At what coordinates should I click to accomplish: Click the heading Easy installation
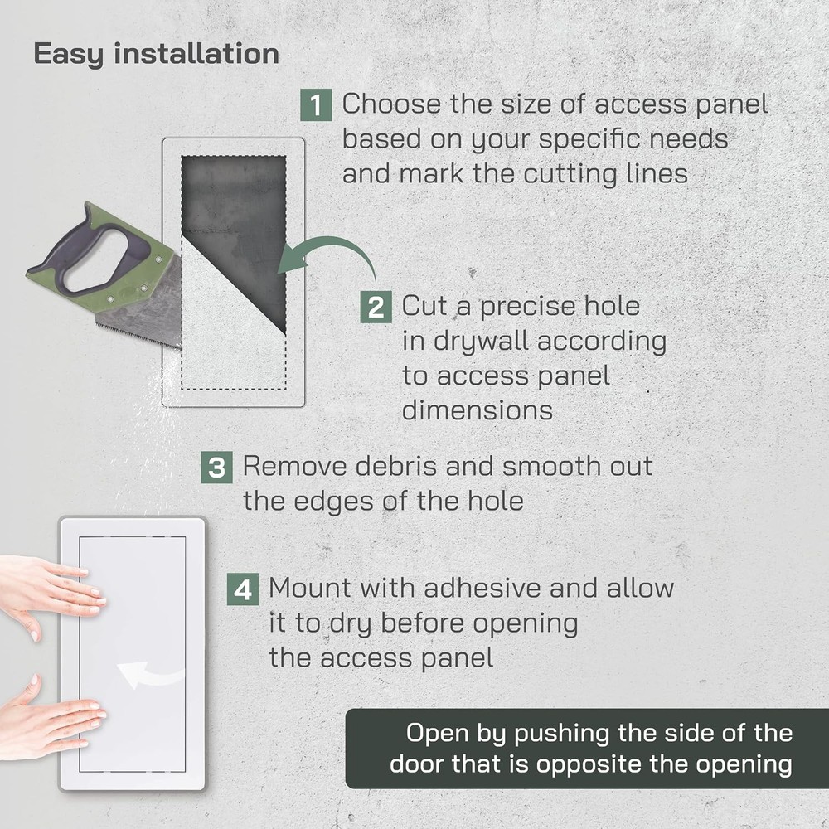tap(156, 54)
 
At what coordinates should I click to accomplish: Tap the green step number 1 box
tap(316, 105)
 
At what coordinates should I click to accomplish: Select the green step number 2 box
tap(376, 308)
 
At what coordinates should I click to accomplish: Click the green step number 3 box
tap(216, 468)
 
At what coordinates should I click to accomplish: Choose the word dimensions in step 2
tap(477, 410)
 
